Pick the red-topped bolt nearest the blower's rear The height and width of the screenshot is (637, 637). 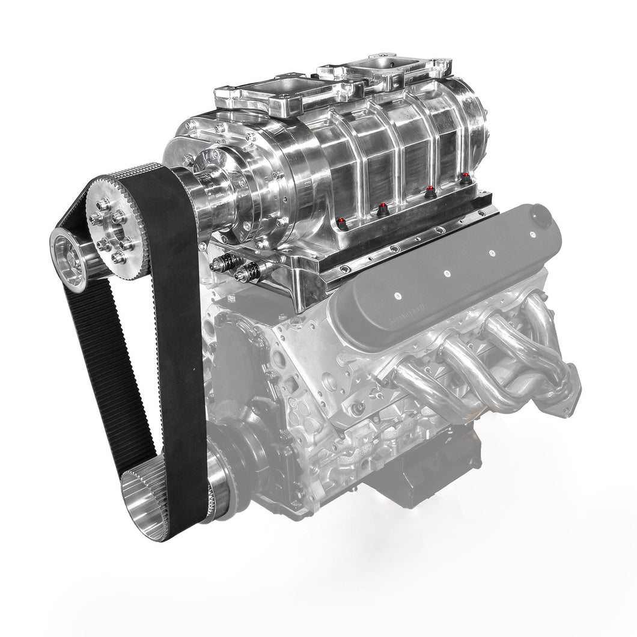[465, 178]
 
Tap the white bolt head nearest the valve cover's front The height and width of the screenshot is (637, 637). [398, 296]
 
